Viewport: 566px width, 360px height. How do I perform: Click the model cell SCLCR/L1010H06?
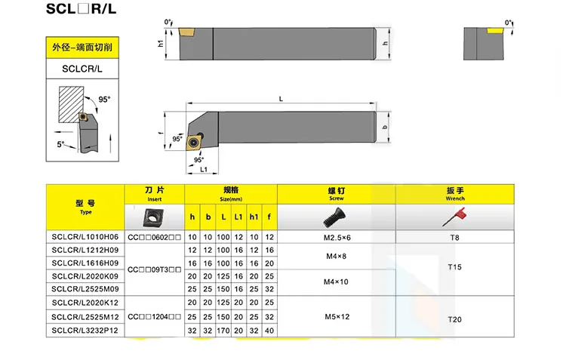click(x=85, y=237)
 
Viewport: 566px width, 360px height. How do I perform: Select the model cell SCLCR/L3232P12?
click(x=85, y=330)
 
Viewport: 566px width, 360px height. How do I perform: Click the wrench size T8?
click(x=454, y=237)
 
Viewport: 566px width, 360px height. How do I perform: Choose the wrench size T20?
click(x=454, y=320)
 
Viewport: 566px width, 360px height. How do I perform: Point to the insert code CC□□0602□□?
click(x=154, y=237)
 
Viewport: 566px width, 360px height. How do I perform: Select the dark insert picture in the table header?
click(x=155, y=217)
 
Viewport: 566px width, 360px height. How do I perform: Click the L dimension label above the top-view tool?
click(x=280, y=99)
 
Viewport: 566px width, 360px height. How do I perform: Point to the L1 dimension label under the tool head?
click(x=205, y=169)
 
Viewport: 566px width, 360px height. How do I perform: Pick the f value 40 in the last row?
click(x=269, y=330)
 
